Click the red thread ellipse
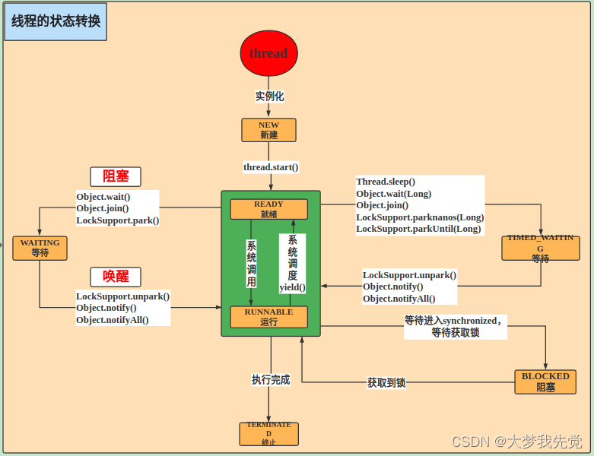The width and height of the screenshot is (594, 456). [268, 53]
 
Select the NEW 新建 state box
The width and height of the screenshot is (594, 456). [268, 130]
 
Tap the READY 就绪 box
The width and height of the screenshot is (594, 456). [268, 209]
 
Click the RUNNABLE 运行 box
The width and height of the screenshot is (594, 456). [268, 317]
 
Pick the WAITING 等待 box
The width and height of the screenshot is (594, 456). [40, 249]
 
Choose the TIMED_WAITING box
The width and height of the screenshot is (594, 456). [540, 248]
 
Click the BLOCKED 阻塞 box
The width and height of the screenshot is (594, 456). [545, 382]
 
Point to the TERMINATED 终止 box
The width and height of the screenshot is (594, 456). [268, 433]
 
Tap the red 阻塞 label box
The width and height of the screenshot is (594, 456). [116, 176]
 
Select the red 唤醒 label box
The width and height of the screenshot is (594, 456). [116, 277]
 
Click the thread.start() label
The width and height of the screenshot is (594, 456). [271, 166]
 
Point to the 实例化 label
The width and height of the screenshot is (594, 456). [269, 97]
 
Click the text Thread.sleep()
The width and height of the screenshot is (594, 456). [386, 182]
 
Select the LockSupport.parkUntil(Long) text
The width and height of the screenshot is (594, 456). [418, 229]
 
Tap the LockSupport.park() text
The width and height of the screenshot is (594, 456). [117, 220]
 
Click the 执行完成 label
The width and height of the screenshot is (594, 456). [271, 379]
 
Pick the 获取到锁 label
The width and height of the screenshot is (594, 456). [386, 382]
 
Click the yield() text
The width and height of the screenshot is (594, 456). [292, 287]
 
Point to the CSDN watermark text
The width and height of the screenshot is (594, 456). [516, 442]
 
